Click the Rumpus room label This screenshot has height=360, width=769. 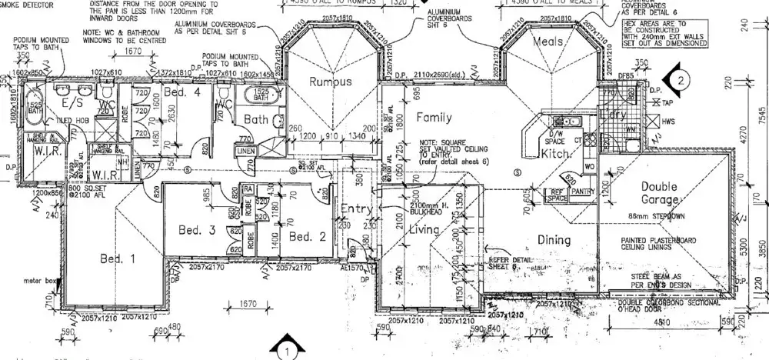coord(330,82)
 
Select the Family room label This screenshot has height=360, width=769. coord(434,118)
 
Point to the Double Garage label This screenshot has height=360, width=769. coord(658,193)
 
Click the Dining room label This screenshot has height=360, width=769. coord(553,240)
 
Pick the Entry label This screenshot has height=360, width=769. coord(358,209)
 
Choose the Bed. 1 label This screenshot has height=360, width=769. coord(118,258)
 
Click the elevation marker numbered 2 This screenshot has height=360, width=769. coord(680,78)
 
